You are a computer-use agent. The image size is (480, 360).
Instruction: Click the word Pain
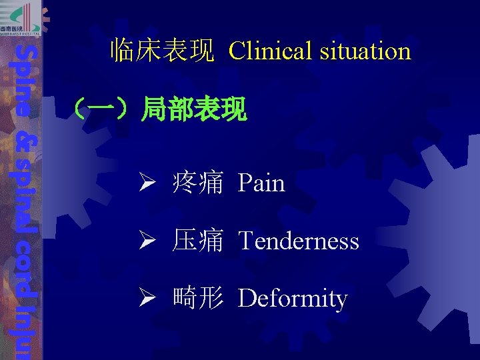pyautogui.click(x=261, y=183)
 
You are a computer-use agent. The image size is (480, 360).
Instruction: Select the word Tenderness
pyautogui.click(x=298, y=241)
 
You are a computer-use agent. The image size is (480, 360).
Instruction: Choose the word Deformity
pyautogui.click(x=293, y=299)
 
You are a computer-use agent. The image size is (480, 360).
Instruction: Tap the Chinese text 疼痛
pyautogui.click(x=197, y=183)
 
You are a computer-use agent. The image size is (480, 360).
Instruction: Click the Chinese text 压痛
pyautogui.click(x=197, y=241)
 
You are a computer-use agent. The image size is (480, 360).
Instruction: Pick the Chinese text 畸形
pyautogui.click(x=197, y=299)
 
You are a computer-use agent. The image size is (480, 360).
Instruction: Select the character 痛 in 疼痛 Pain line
pyautogui.click(x=210, y=183)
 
